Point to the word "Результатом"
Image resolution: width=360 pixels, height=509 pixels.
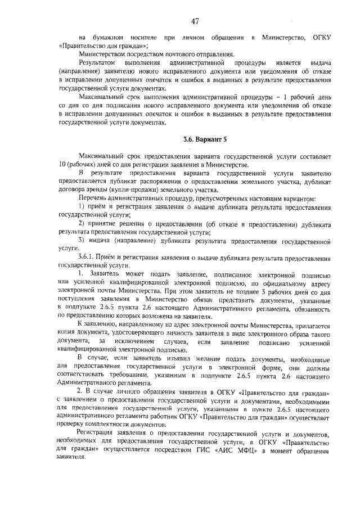(x=98, y=64)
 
